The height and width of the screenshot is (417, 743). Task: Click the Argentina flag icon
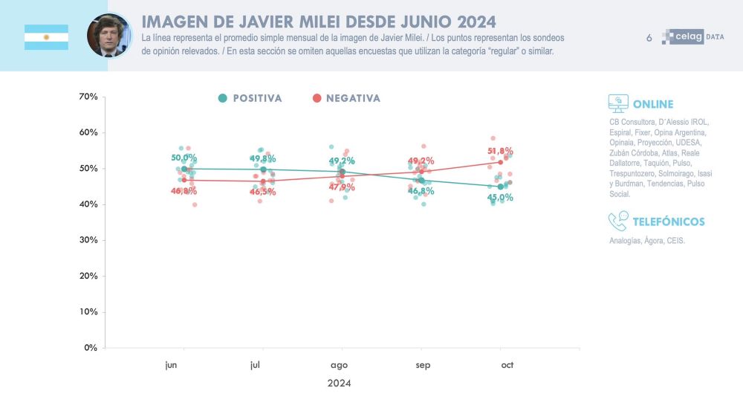(46, 37)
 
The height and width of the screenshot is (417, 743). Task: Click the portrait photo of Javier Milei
(108, 36)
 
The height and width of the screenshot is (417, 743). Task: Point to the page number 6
(649, 37)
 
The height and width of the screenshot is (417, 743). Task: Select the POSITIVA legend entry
(250, 98)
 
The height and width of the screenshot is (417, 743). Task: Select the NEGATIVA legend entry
(346, 98)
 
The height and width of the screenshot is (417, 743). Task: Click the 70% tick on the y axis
(88, 97)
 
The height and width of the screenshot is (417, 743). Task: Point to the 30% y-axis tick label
(88, 240)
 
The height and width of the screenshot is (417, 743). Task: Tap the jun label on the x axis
(171, 365)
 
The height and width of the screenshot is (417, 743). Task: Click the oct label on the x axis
(507, 365)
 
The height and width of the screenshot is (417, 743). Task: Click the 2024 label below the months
(339, 384)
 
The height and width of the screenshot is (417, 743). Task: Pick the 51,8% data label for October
(500, 151)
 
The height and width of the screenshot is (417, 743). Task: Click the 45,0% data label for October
(500, 198)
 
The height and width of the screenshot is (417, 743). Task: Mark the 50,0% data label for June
(184, 158)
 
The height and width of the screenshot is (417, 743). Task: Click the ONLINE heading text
(653, 104)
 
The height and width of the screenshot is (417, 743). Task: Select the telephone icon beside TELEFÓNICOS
(617, 221)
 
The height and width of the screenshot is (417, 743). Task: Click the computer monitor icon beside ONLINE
(617, 103)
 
